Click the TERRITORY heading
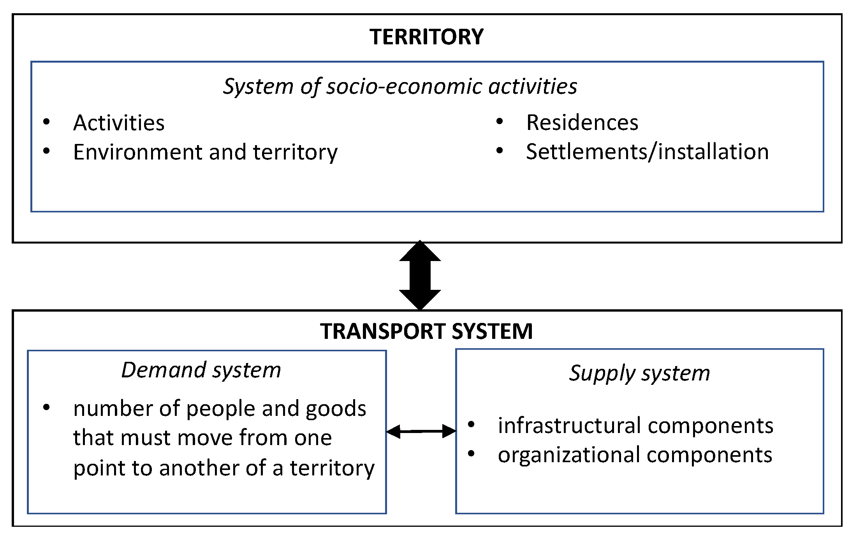point(426,37)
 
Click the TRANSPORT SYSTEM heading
point(426,331)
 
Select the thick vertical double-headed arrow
point(420,275)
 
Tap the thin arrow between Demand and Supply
point(421,431)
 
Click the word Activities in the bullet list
point(119,123)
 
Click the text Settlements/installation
point(647,152)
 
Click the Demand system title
point(201,370)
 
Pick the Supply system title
point(639,373)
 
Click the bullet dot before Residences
point(500,122)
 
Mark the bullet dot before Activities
point(46,122)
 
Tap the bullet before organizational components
point(471,454)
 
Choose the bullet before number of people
point(46,408)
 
